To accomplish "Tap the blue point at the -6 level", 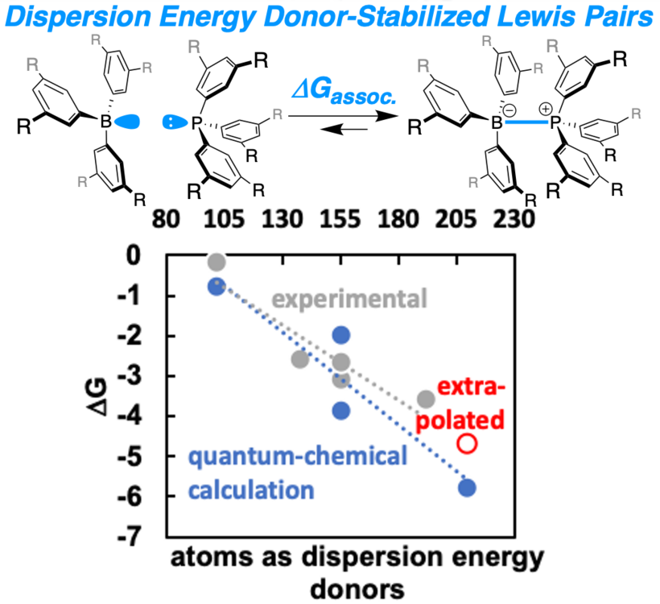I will pos(467,487).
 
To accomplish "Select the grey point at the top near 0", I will pos(217,262).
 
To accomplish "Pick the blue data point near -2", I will pos(341,335).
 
